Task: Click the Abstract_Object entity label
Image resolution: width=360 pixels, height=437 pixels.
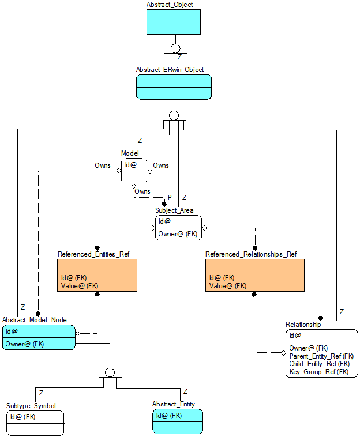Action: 169,5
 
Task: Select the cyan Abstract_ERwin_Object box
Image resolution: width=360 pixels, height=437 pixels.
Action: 173,86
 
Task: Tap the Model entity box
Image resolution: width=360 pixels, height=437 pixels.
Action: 134,171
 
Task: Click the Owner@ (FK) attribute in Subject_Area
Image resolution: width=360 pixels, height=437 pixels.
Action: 178,233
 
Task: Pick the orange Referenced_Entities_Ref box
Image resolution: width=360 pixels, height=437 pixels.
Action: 97,275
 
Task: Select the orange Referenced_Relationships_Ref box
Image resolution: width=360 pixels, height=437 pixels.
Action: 254,275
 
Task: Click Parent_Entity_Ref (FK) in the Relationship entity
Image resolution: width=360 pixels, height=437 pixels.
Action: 321,356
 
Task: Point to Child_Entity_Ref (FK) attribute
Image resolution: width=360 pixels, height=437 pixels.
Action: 319,364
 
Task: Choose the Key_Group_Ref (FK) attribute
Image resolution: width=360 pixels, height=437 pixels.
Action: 318,372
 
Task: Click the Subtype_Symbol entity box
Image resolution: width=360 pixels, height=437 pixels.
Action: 35,422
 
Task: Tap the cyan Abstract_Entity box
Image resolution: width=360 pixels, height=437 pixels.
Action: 177,421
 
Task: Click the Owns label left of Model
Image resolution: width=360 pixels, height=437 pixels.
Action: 103,165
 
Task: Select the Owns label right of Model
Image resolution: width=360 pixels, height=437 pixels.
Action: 161,165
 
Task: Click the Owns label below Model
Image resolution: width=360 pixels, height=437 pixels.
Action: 142,191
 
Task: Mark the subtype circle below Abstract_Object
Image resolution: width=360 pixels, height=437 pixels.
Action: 175,48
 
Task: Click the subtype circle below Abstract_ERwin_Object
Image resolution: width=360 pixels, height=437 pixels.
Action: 174,115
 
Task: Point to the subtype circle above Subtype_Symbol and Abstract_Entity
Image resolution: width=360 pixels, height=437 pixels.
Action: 110,372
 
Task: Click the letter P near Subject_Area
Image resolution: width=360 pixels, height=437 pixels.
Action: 170,197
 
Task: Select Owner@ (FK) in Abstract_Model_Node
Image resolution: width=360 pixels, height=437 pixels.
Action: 25,344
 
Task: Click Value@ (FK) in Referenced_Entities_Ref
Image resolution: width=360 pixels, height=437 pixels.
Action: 80,285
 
